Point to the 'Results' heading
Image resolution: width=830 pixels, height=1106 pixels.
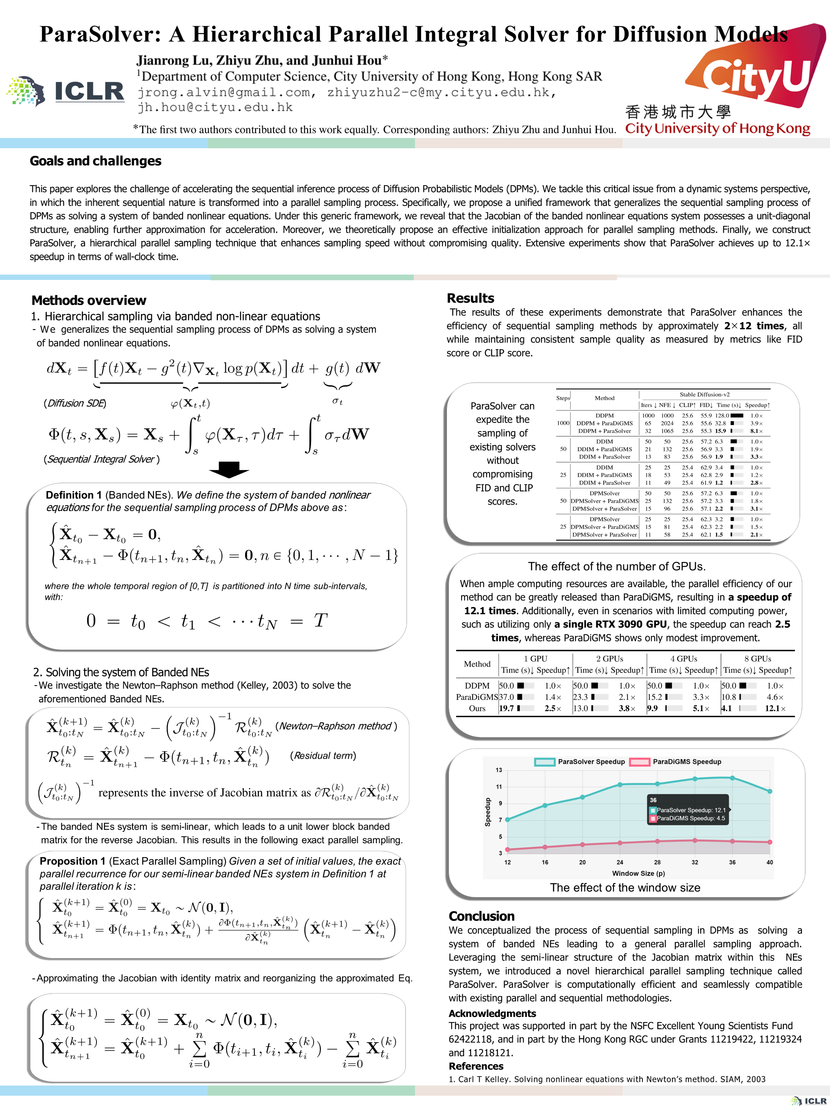pyautogui.click(x=470, y=298)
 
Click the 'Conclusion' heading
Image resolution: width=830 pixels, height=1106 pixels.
pyautogui.click(x=481, y=916)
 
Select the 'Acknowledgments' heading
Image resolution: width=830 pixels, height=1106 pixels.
pyautogui.click(x=492, y=1013)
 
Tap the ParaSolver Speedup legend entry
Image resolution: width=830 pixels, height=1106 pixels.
pyautogui.click(x=580, y=762)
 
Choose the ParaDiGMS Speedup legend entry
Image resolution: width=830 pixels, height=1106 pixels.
pyautogui.click(x=676, y=762)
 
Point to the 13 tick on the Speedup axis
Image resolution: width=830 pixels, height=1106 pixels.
pyautogui.click(x=499, y=770)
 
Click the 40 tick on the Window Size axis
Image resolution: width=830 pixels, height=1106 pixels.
pyautogui.click(x=769, y=862)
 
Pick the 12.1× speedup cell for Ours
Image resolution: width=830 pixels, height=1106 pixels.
pyautogui.click(x=775, y=709)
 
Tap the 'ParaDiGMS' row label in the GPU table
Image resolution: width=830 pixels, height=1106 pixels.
pyautogui.click(x=477, y=697)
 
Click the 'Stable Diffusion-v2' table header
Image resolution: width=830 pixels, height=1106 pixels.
pyautogui.click(x=704, y=394)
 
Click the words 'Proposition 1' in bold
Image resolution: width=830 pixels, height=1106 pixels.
pyautogui.click(x=73, y=861)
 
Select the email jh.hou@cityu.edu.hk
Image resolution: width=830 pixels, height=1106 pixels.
pyautogui.click(x=215, y=107)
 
